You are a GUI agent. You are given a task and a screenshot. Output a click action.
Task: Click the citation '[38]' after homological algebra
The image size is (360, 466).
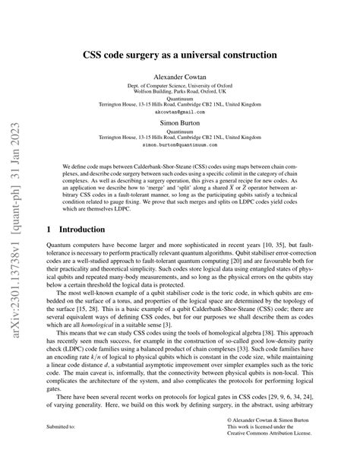291,343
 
